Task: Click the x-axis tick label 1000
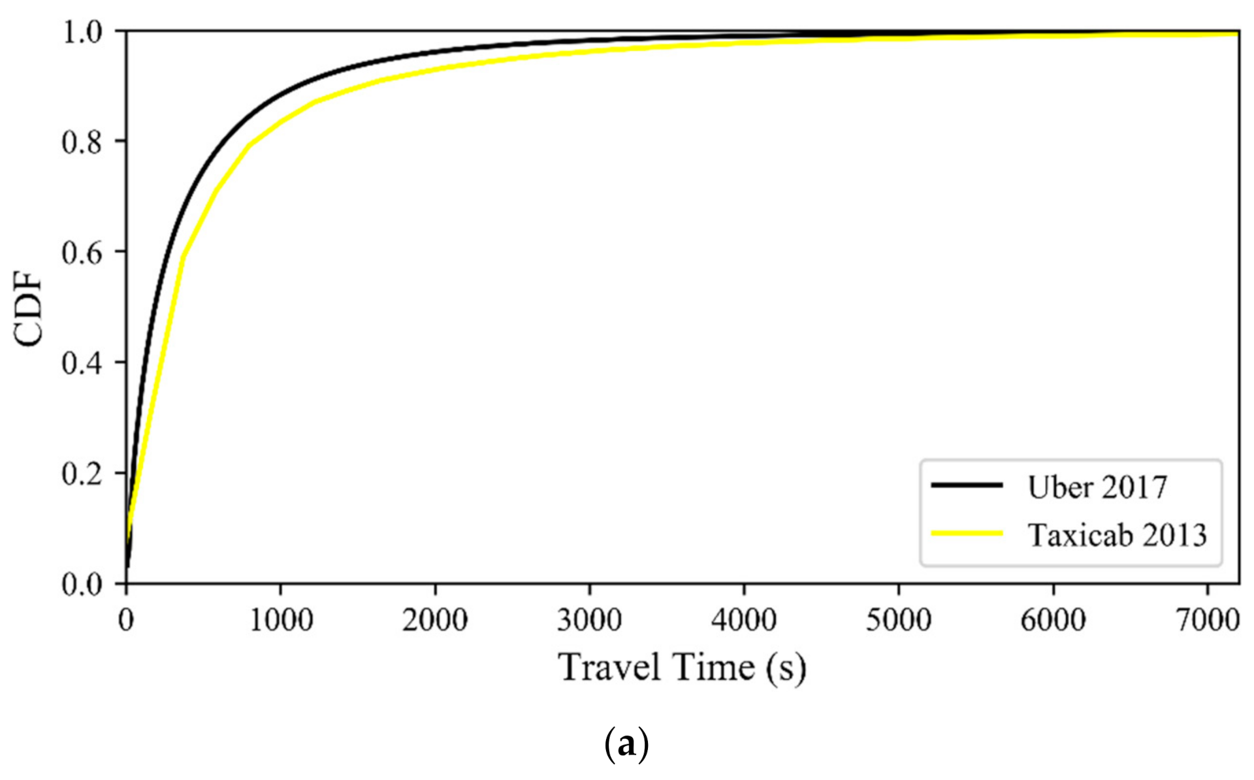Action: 281,619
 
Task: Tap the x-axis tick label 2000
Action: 435,619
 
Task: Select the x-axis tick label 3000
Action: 590,619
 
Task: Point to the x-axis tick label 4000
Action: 744,619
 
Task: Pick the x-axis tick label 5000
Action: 899,619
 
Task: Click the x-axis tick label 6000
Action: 1053,619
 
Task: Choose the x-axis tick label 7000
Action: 1208,619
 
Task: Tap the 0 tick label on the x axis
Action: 126,619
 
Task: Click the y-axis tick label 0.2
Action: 82,474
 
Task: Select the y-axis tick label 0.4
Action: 82,363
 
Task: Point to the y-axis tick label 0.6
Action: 82,253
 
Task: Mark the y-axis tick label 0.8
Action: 82,142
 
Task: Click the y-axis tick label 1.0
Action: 82,32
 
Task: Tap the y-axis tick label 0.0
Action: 82,584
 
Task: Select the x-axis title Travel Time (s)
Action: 683,668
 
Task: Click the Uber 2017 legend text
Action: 1097,487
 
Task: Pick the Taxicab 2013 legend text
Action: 1117,535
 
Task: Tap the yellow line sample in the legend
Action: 967,534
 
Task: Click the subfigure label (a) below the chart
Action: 627,743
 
